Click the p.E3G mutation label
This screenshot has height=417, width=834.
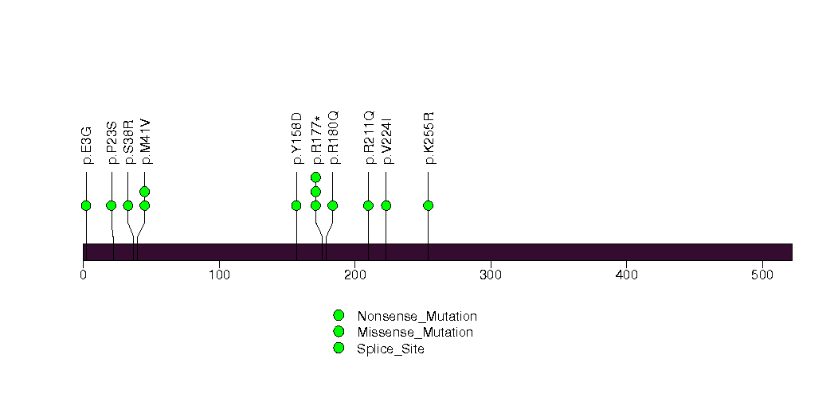point(87,146)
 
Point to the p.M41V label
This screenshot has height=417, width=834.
point(145,142)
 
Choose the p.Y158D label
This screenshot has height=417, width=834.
point(297,138)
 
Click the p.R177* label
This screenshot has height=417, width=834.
point(316,140)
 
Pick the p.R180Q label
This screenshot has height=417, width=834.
point(333,138)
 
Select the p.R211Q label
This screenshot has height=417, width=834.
point(369,138)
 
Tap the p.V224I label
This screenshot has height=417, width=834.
point(386,141)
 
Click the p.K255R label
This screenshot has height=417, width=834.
point(429,138)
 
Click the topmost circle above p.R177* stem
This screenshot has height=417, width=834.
point(316,177)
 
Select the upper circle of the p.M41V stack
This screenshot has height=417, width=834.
point(145,192)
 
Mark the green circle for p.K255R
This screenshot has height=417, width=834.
point(429,205)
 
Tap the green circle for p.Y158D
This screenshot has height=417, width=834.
point(297,205)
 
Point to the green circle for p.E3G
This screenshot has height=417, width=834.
point(86,205)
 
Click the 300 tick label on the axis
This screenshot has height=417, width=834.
point(491,275)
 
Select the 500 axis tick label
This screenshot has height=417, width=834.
point(762,275)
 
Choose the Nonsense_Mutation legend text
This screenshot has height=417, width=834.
point(417,317)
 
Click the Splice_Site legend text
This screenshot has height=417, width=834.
point(391,349)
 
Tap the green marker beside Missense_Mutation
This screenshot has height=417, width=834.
point(339,332)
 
